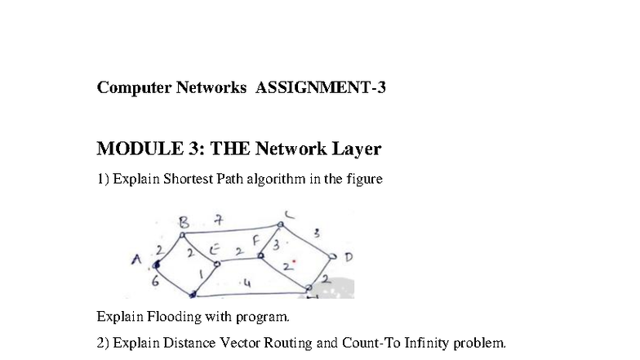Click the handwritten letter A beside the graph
pos(136,260)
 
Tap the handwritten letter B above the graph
pos(184,222)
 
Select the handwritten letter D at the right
pos(348,257)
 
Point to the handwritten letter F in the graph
pos(256,241)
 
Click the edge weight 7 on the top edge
pos(219,220)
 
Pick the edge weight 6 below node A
pos(155,281)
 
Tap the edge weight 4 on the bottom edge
pos(247,282)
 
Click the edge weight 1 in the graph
pos(201,274)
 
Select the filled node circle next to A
pos(156,265)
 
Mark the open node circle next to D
pos(333,256)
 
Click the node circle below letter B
pos(183,235)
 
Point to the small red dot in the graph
pos(294,261)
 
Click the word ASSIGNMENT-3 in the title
pos(320,87)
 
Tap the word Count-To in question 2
pos(371,343)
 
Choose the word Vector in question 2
pos(240,343)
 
